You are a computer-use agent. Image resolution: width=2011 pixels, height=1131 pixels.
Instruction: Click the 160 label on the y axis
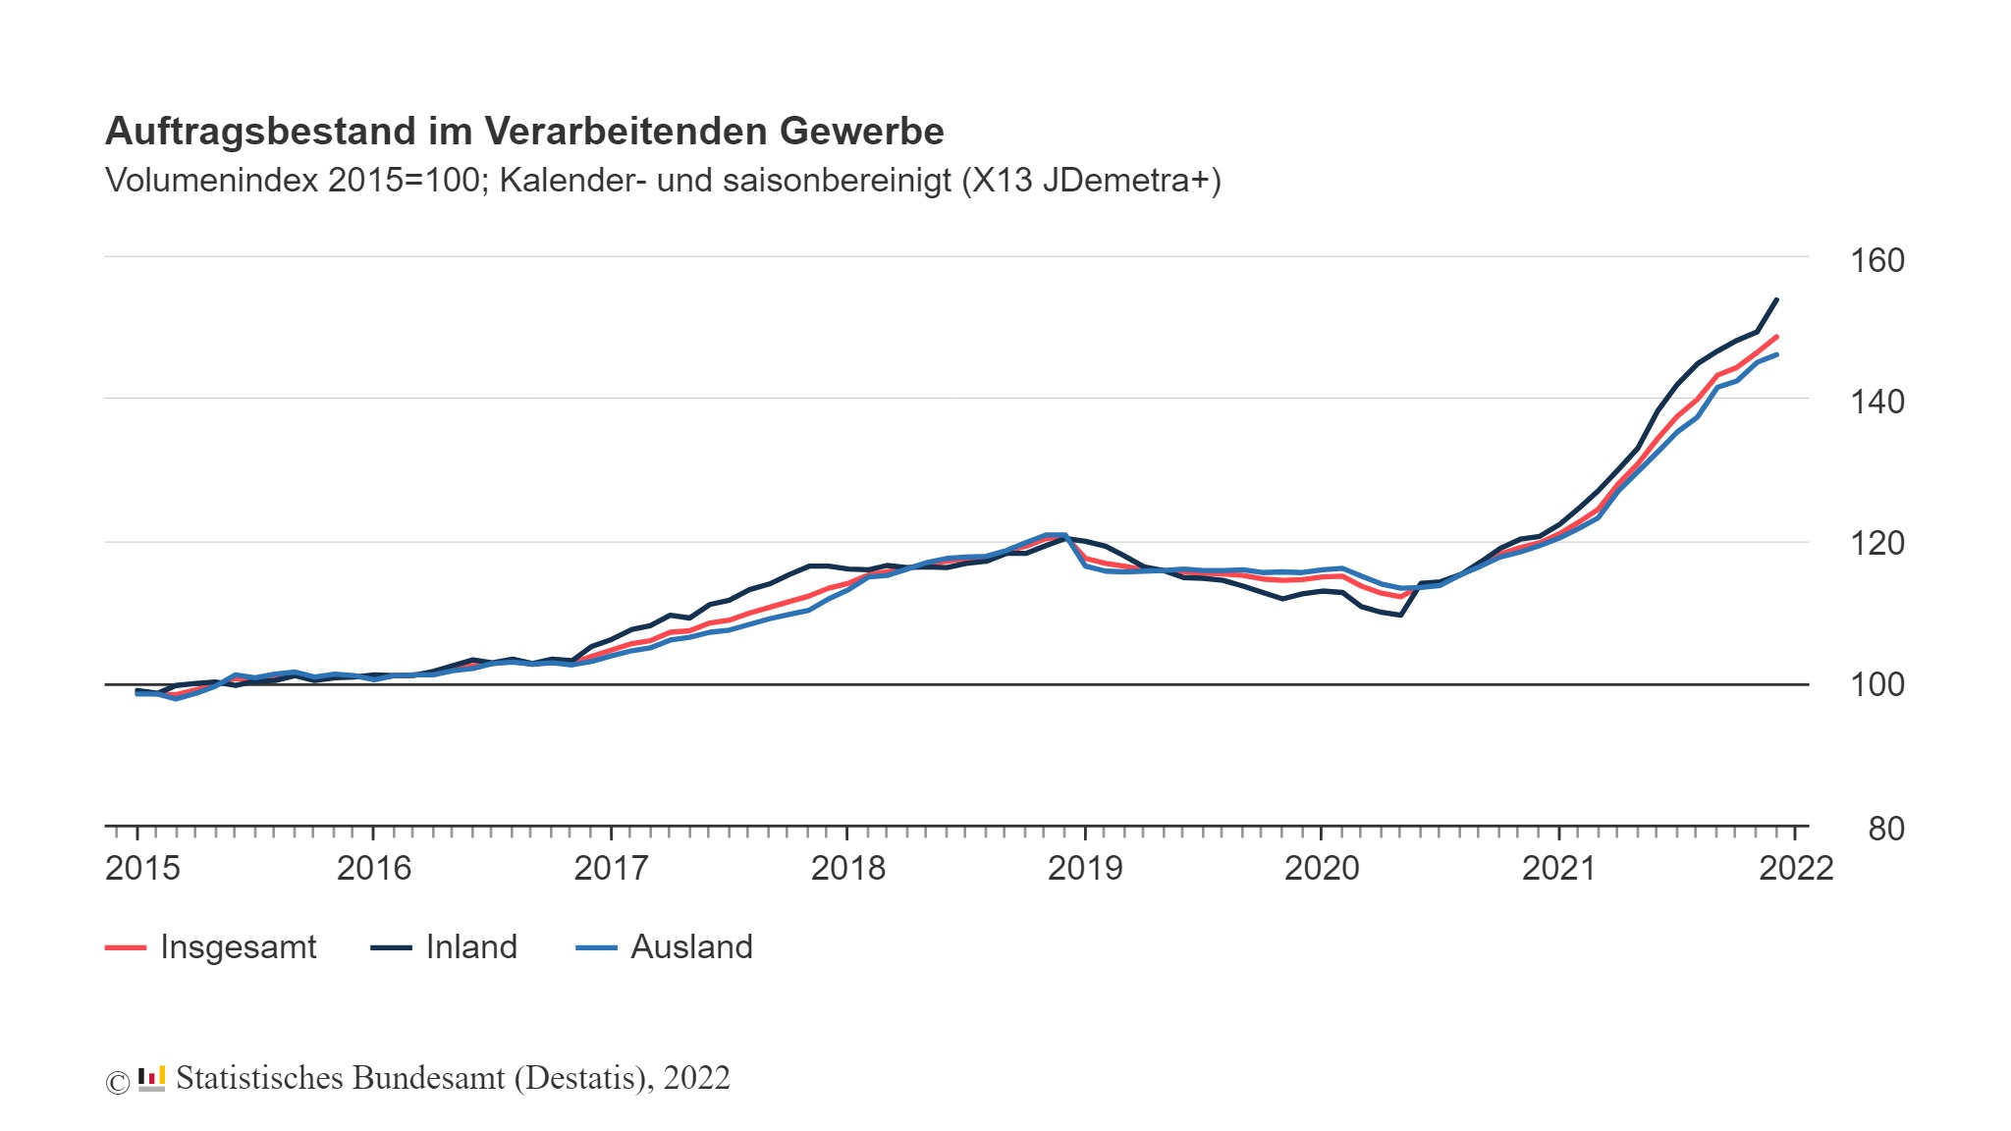[1876, 261]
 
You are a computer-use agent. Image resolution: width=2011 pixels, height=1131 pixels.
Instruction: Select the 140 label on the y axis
[1876, 402]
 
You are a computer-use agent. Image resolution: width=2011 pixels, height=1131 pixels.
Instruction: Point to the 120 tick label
[1876, 543]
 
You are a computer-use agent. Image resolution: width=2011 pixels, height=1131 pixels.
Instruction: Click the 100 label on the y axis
[1876, 684]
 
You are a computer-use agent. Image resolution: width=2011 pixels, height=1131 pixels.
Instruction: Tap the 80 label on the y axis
[1885, 830]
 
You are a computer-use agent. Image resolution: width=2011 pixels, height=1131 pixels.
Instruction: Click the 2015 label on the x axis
[142, 868]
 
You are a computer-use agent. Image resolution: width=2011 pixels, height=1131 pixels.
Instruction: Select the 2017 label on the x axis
[611, 868]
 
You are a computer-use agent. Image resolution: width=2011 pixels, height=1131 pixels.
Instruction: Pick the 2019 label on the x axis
[1085, 868]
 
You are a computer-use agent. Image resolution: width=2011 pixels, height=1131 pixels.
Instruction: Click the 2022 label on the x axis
[1796, 868]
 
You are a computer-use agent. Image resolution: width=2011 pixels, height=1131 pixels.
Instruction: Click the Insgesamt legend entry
[237, 947]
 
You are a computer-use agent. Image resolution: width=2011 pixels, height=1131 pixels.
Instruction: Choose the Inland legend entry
[470, 947]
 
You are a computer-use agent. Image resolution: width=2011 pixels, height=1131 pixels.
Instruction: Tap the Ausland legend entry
[690, 947]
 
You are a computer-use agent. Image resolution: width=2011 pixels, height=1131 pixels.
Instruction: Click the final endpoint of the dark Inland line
[1776, 300]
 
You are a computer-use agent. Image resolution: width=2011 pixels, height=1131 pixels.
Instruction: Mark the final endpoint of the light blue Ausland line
[1776, 354]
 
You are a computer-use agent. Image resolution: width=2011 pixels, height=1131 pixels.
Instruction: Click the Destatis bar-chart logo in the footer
[151, 1078]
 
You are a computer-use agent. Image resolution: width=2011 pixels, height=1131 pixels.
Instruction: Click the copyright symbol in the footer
[117, 1082]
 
